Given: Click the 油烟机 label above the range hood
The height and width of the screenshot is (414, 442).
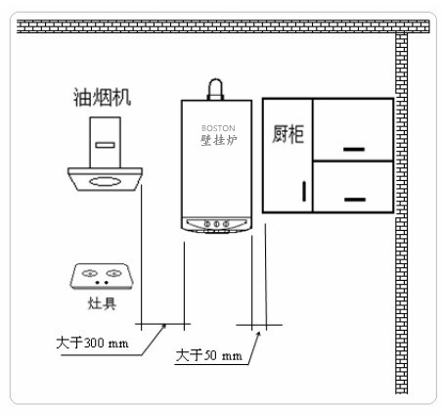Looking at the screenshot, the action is (x=102, y=97).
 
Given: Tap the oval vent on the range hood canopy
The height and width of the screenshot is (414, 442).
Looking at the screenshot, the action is (x=105, y=181).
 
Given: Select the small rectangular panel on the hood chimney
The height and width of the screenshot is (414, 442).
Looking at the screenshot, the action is (x=105, y=145).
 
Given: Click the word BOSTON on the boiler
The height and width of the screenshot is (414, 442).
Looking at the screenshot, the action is (x=218, y=128).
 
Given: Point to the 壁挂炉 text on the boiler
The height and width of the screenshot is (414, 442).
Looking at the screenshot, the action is (x=218, y=140).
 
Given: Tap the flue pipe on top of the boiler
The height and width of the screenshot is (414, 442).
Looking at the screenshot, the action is (x=215, y=89).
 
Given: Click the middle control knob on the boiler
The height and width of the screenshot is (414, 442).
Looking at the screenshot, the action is (x=216, y=224).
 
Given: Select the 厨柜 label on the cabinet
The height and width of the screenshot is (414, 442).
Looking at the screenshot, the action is (x=288, y=134).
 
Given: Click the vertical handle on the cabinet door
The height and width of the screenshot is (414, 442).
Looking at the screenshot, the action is (x=304, y=191).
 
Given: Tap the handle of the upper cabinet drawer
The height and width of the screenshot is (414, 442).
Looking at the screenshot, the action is (x=354, y=149).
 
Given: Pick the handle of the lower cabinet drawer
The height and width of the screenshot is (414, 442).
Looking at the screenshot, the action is (x=355, y=200).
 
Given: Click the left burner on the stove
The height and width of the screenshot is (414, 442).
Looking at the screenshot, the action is (x=90, y=273).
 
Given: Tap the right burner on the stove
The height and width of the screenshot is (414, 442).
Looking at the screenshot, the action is (x=113, y=273).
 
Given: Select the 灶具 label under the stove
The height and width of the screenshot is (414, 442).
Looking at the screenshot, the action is (x=102, y=303).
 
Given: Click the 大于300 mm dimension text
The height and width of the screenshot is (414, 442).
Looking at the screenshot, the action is (x=92, y=343).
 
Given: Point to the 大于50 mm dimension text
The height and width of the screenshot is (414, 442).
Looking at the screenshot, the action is (x=208, y=355).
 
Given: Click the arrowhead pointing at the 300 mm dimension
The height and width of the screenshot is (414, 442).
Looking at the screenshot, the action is (x=164, y=326).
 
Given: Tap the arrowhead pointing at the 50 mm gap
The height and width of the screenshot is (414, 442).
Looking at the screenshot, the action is (x=259, y=334).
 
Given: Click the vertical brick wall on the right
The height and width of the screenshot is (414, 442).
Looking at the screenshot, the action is (x=401, y=213).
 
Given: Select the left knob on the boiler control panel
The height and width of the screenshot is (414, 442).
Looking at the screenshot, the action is (x=207, y=224).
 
